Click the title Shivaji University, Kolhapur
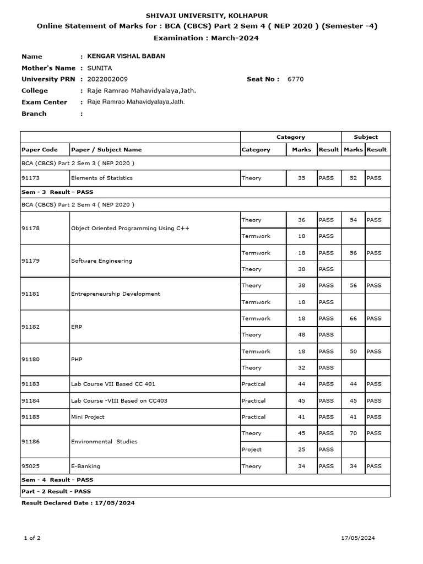(207, 16)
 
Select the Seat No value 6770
(295, 79)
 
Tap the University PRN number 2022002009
(104, 79)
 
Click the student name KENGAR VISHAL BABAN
(122, 56)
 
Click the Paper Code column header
(39, 149)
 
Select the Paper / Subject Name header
(106, 149)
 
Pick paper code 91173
(30, 178)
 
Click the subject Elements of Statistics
(102, 178)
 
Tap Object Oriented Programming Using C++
(130, 228)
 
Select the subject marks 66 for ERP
(353, 318)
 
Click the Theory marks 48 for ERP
(301, 335)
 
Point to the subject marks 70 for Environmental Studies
(353, 433)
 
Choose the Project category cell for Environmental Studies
(252, 449)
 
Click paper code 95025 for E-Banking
(30, 467)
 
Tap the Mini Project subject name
(88, 417)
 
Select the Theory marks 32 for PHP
(301, 368)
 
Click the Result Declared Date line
(78, 503)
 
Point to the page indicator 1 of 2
(32, 538)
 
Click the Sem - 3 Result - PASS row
(57, 192)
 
